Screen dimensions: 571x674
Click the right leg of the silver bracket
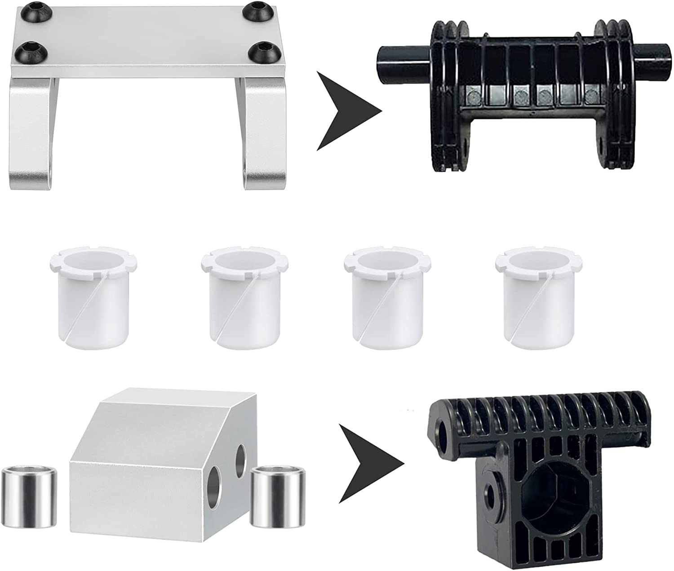(263, 135)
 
